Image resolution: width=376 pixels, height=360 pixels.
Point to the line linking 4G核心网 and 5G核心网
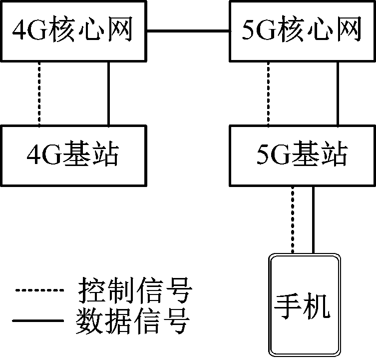(188, 31)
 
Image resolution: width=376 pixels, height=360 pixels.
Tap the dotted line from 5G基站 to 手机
(293, 219)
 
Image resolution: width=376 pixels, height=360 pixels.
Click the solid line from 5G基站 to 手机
(313, 219)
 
